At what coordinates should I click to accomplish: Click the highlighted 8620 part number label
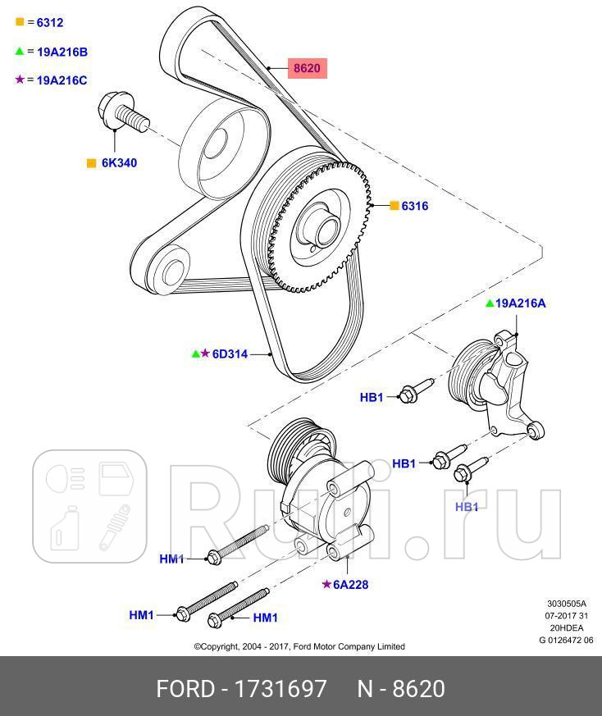306,67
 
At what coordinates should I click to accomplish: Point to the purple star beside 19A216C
20,80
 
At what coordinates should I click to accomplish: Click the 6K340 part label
119,162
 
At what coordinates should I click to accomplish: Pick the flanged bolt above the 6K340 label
123,114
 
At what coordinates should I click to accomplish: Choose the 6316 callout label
414,206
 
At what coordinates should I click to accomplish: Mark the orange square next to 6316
394,206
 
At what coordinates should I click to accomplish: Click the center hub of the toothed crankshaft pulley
316,226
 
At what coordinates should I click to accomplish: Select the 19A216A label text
521,303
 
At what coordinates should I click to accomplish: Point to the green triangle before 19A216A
490,303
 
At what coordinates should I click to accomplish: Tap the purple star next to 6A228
326,584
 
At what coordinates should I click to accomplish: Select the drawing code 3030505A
567,603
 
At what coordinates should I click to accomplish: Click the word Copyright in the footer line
221,646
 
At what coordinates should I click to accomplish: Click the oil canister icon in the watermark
62,529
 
